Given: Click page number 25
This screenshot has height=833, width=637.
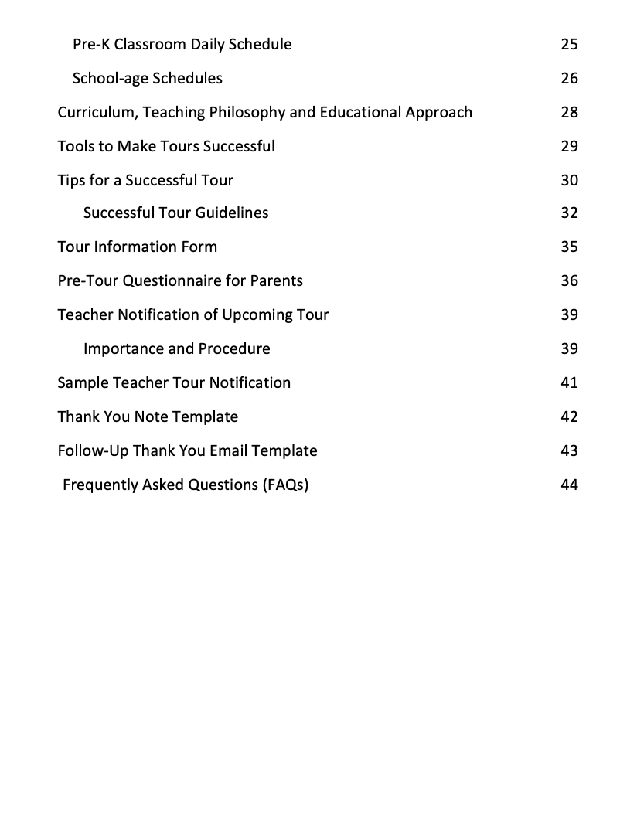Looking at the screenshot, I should click(569, 44).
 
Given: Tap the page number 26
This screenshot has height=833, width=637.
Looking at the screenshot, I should click(569, 78).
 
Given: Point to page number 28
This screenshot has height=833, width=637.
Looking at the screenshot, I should click(569, 112).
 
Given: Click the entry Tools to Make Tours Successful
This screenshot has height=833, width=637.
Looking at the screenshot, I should click(166, 146).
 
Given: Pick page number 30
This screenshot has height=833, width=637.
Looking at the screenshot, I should click(569, 180).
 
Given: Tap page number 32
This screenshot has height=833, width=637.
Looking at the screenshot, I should click(569, 212).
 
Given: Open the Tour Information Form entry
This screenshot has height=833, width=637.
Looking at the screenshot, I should click(138, 246).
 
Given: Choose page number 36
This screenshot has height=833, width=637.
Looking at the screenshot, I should click(569, 280).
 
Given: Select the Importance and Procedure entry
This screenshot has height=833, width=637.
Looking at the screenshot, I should click(177, 348).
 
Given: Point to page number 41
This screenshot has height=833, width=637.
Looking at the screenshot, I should click(569, 382).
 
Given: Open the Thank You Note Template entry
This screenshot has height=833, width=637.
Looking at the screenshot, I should click(148, 416).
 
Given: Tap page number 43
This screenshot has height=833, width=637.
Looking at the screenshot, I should click(569, 450).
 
